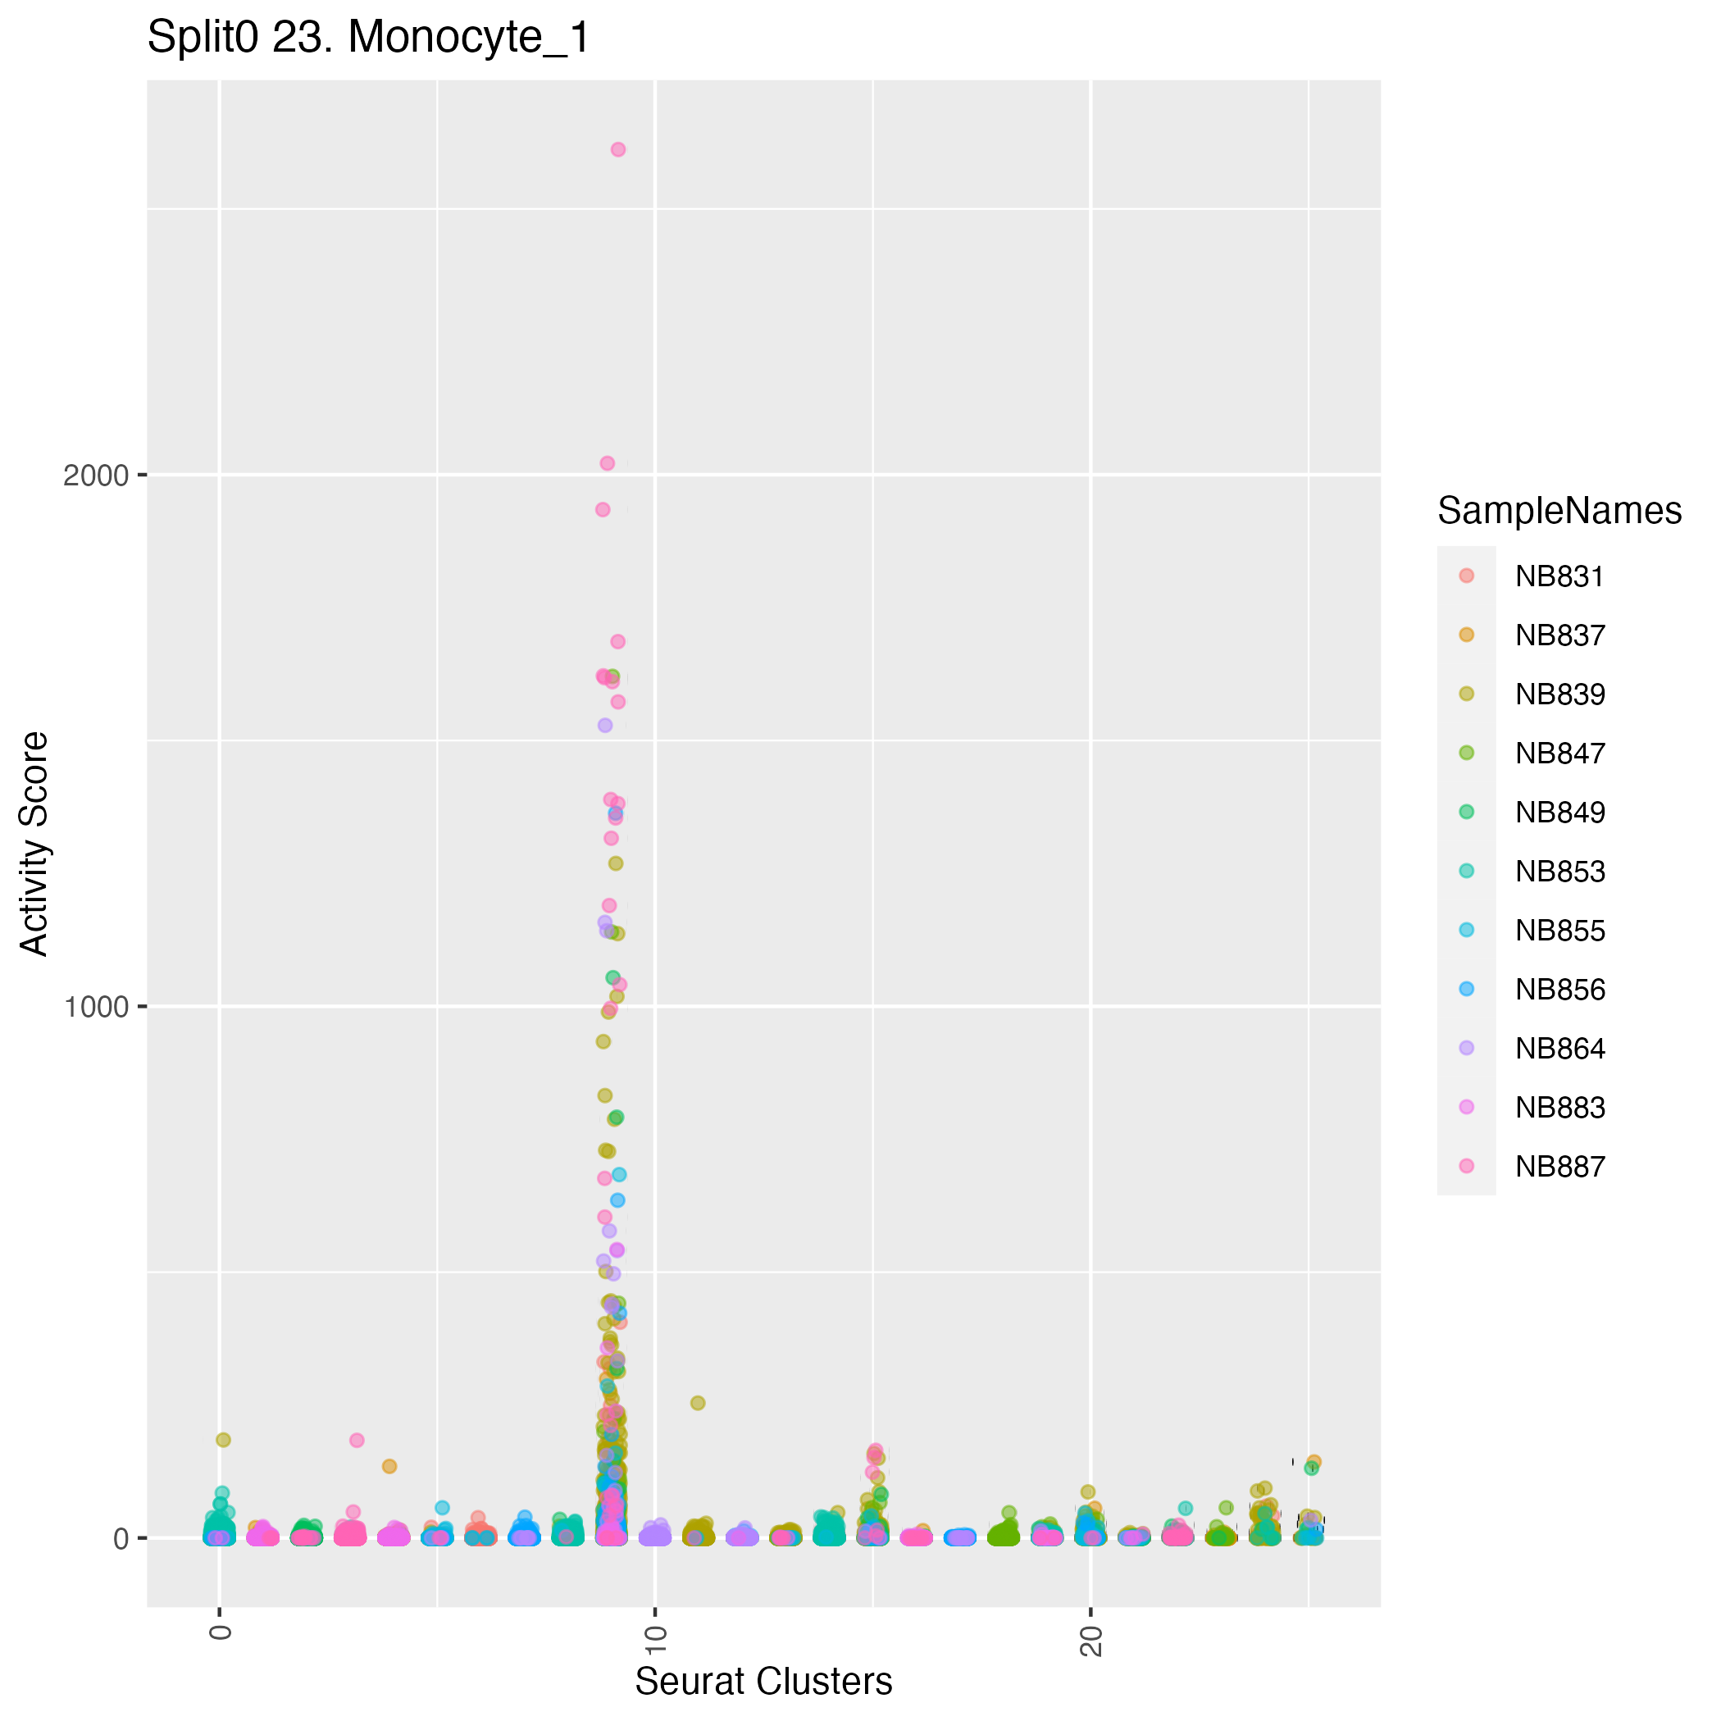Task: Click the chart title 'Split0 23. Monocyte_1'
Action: tap(368, 39)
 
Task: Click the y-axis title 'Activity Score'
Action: tap(34, 843)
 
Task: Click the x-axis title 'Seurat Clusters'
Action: tap(763, 1681)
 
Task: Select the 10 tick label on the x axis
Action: tap(655, 1641)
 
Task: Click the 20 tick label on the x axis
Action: tap(1090, 1641)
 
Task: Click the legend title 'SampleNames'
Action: tap(1559, 511)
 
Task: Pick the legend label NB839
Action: tap(1559, 694)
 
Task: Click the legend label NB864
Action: tap(1559, 1049)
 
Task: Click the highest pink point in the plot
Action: tap(618, 150)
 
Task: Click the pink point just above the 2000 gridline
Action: tap(608, 463)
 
